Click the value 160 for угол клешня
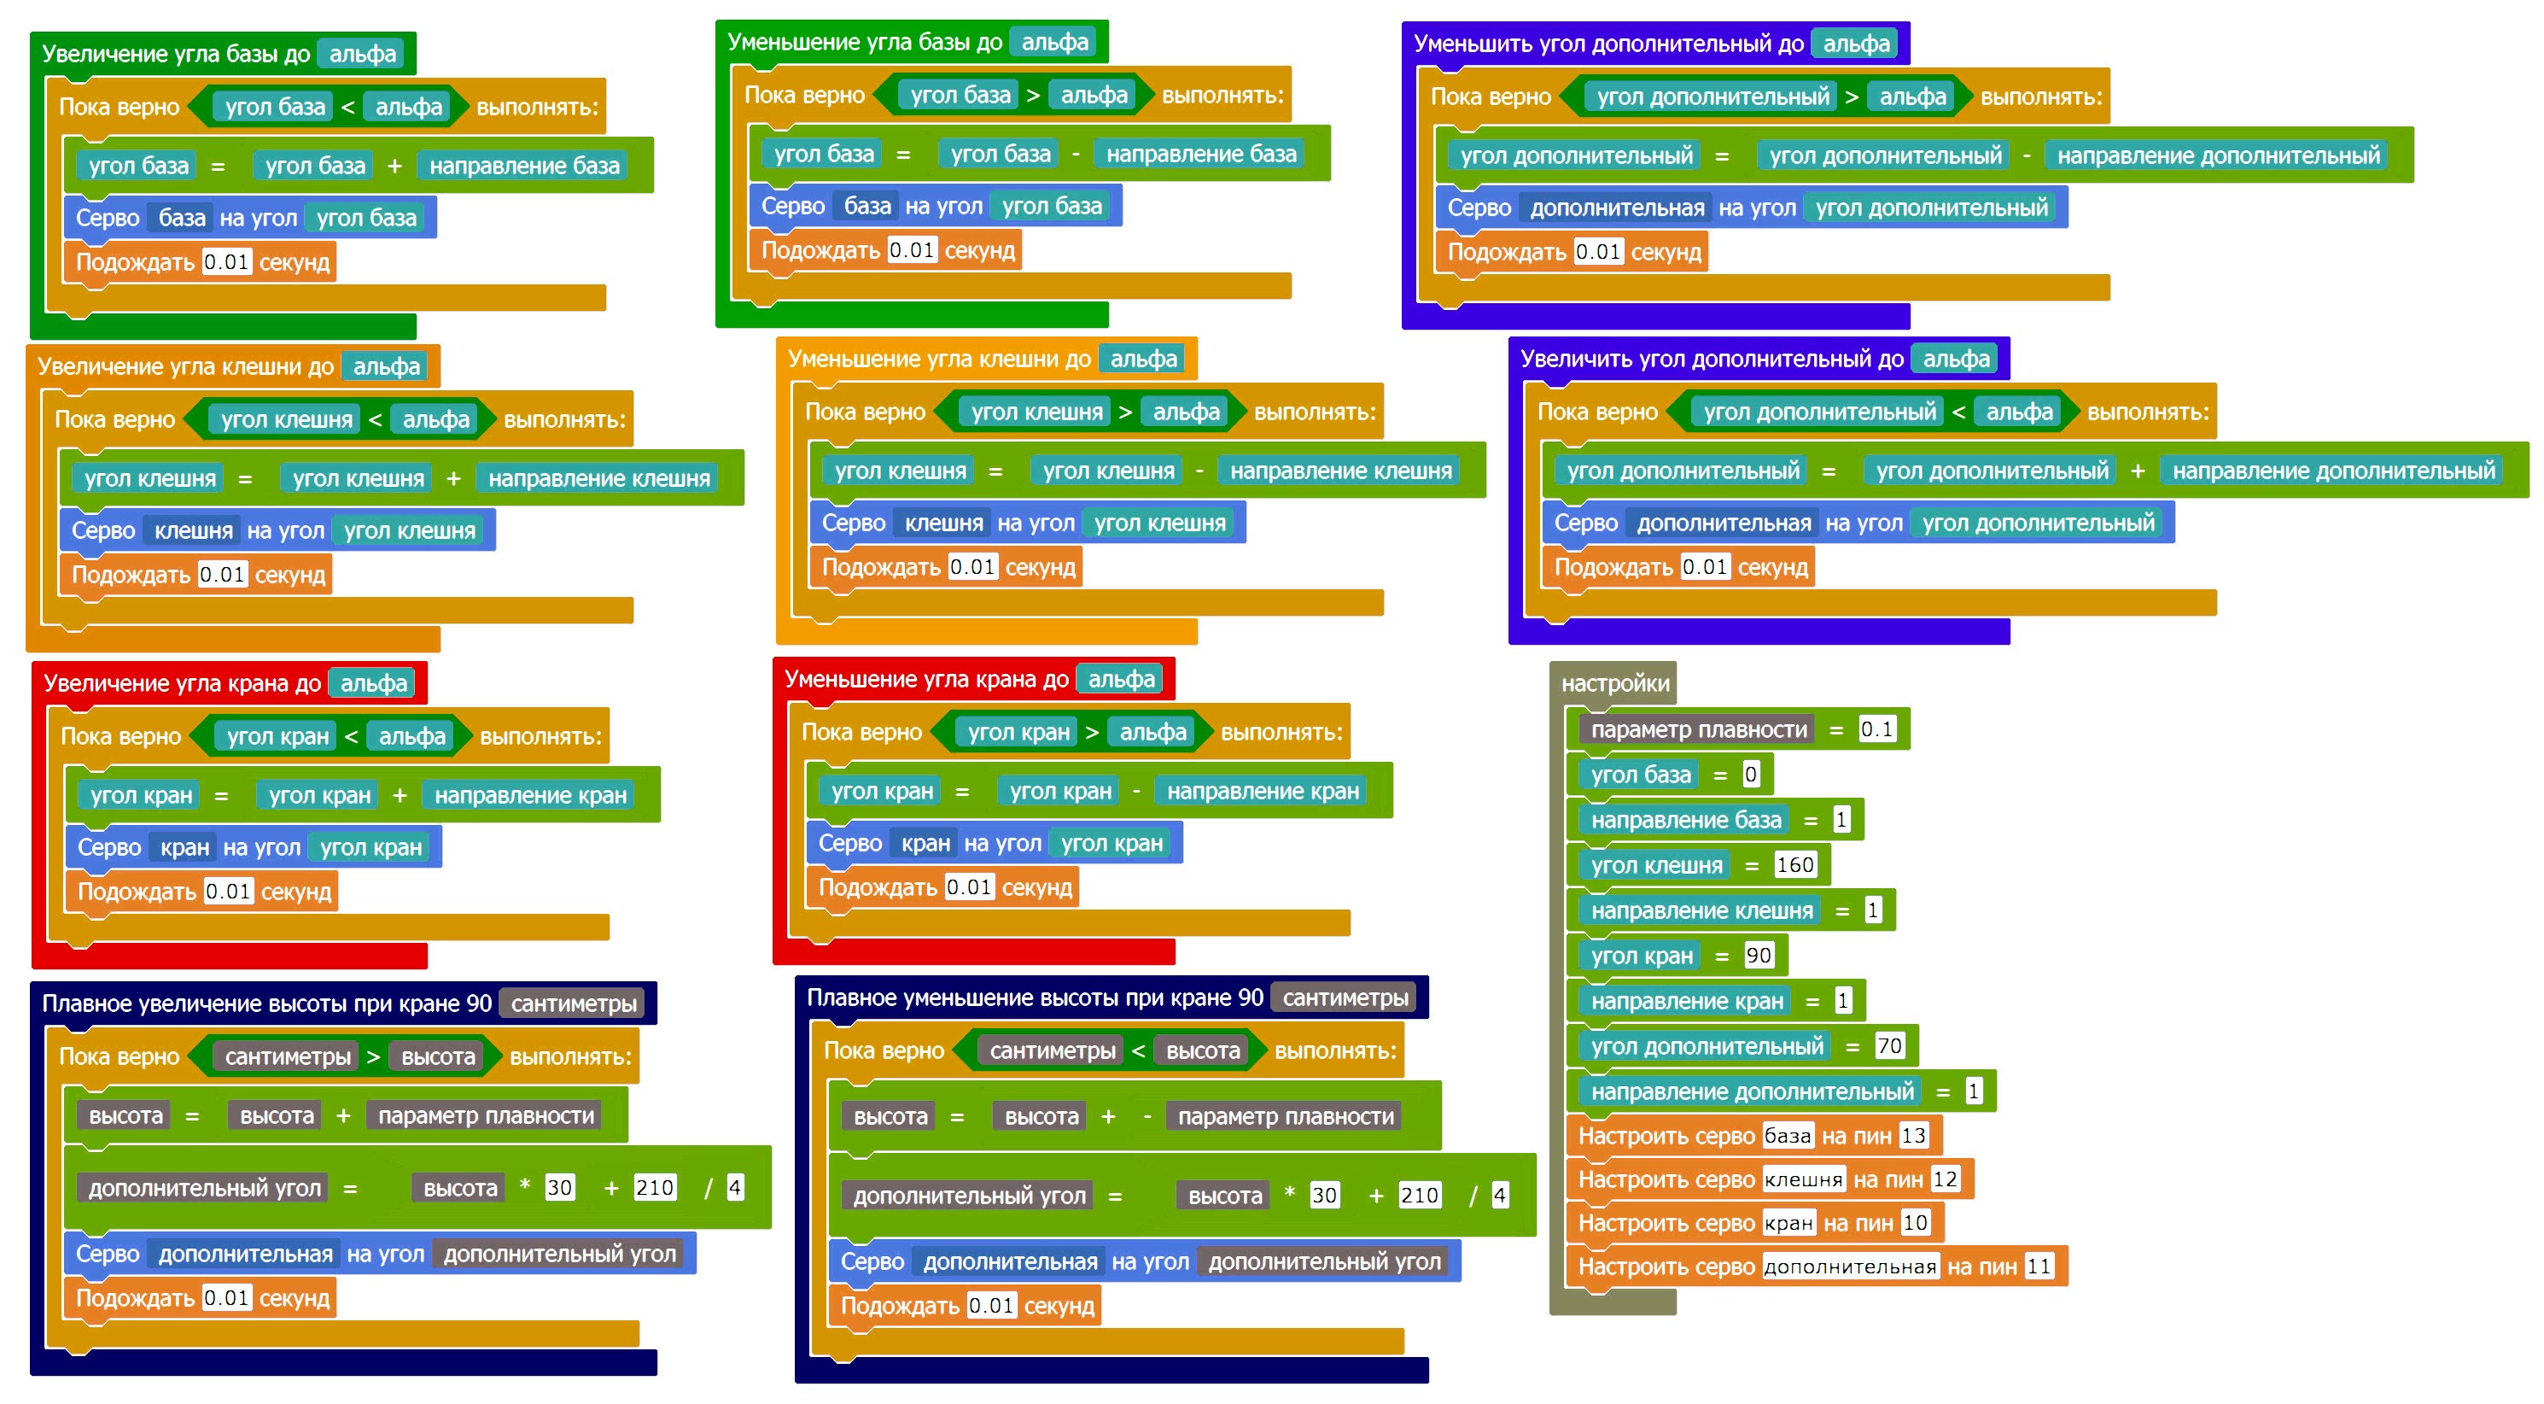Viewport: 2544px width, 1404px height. [x=1794, y=865]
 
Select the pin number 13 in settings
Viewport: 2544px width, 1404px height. [x=1913, y=1136]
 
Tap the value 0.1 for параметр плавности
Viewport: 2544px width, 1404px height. [x=1876, y=730]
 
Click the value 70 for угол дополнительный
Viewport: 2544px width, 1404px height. [x=1888, y=1046]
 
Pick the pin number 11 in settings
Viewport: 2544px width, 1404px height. [x=2039, y=1267]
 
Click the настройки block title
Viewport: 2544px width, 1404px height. [x=1614, y=684]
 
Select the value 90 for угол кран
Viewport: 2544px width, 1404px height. [x=1758, y=956]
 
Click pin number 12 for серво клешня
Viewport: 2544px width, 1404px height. [x=1945, y=1179]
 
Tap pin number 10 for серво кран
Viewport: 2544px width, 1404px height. [x=1915, y=1223]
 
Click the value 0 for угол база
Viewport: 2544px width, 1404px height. [x=1750, y=775]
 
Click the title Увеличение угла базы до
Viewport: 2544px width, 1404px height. [x=176, y=55]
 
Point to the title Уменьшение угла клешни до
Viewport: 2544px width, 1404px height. [x=938, y=360]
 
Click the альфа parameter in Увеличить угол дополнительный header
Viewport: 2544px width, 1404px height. [x=1956, y=360]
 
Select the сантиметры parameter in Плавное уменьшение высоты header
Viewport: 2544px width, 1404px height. [x=1345, y=998]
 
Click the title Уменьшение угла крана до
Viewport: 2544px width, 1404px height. [x=925, y=680]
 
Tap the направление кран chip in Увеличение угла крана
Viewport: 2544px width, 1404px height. [x=530, y=795]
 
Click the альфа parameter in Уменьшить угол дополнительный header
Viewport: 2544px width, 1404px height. [x=1856, y=44]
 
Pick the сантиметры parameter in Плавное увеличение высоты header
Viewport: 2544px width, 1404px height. [x=573, y=1003]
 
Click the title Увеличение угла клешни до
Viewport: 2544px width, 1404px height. [x=185, y=367]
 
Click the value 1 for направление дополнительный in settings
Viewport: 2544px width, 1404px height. [x=1973, y=1091]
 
